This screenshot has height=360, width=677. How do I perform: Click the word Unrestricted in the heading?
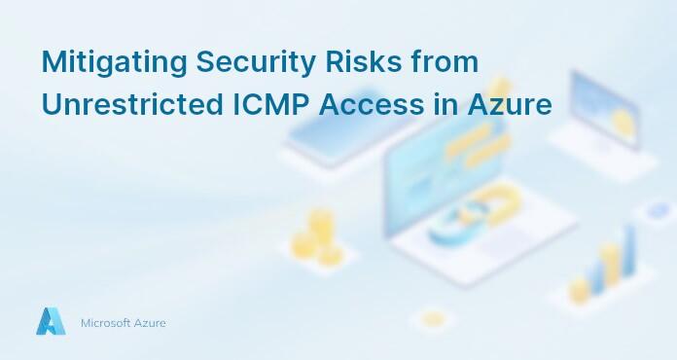[x=122, y=104]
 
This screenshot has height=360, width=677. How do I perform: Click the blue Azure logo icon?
[x=51, y=321]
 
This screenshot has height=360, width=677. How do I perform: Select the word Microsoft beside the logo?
[x=111, y=322]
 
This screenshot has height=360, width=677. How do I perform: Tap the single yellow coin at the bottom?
[x=432, y=317]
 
